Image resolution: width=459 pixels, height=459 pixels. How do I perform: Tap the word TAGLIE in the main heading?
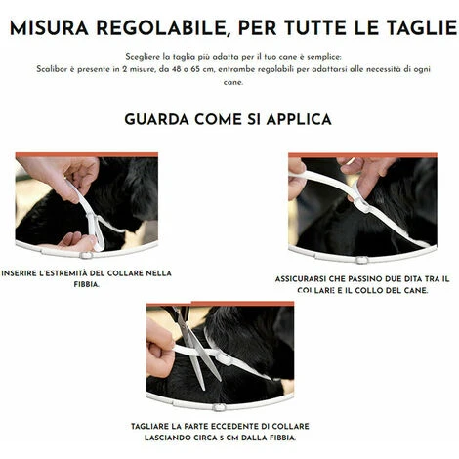tap(421, 27)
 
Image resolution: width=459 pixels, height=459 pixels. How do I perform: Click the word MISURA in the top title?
tap(49, 27)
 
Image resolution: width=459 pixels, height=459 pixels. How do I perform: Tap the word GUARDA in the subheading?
tap(156, 119)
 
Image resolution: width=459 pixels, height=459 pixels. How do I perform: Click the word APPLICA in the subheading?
tap(299, 119)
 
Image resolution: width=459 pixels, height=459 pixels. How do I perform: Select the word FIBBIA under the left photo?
tap(86, 284)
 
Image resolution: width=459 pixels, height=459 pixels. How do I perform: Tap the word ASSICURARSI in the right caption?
tap(301, 279)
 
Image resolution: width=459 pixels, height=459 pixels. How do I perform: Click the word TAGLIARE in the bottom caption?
tap(148, 427)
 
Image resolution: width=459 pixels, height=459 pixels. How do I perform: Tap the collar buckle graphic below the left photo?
tap(86, 255)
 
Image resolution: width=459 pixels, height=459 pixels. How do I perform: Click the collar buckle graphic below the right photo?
tap(360, 260)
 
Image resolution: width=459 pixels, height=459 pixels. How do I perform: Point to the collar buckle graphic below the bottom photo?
tap(219, 407)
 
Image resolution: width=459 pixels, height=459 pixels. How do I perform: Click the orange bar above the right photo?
tap(362, 155)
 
